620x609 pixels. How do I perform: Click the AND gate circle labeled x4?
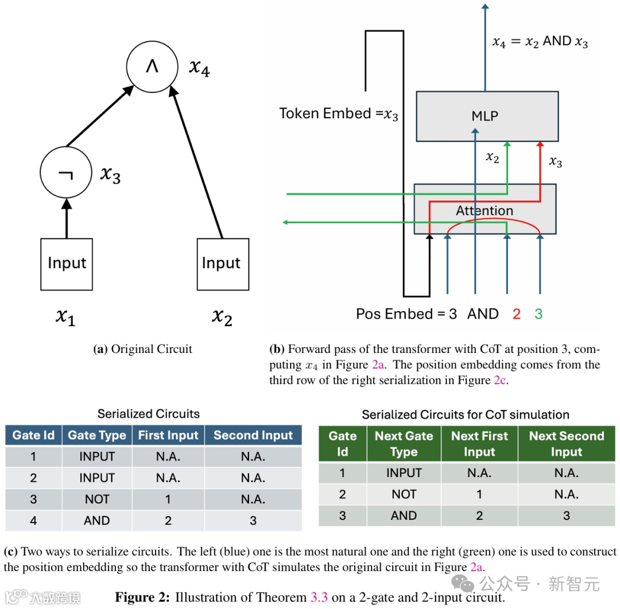(x=152, y=67)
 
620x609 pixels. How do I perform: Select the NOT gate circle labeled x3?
(x=66, y=172)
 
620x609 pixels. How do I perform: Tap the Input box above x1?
(x=67, y=264)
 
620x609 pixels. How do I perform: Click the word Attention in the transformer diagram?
(x=485, y=211)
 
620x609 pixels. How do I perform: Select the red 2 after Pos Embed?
(x=516, y=314)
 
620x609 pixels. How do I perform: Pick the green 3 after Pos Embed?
(x=538, y=314)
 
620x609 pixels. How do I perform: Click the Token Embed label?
(x=339, y=114)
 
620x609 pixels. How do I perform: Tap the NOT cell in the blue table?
(x=96, y=499)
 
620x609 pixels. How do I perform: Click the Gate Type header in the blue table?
(x=96, y=436)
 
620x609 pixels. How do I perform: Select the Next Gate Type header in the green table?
(x=404, y=444)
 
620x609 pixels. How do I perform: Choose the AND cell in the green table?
(x=404, y=515)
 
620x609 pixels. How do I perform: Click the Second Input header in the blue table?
(x=253, y=436)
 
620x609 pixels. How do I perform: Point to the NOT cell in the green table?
(x=404, y=494)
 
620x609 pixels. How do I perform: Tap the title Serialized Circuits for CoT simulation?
(x=466, y=414)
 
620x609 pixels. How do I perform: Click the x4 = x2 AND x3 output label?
(x=540, y=41)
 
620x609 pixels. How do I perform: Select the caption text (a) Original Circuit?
(x=143, y=349)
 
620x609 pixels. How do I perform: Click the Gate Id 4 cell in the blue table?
(x=33, y=521)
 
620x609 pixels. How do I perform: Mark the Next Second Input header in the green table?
(x=566, y=444)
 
